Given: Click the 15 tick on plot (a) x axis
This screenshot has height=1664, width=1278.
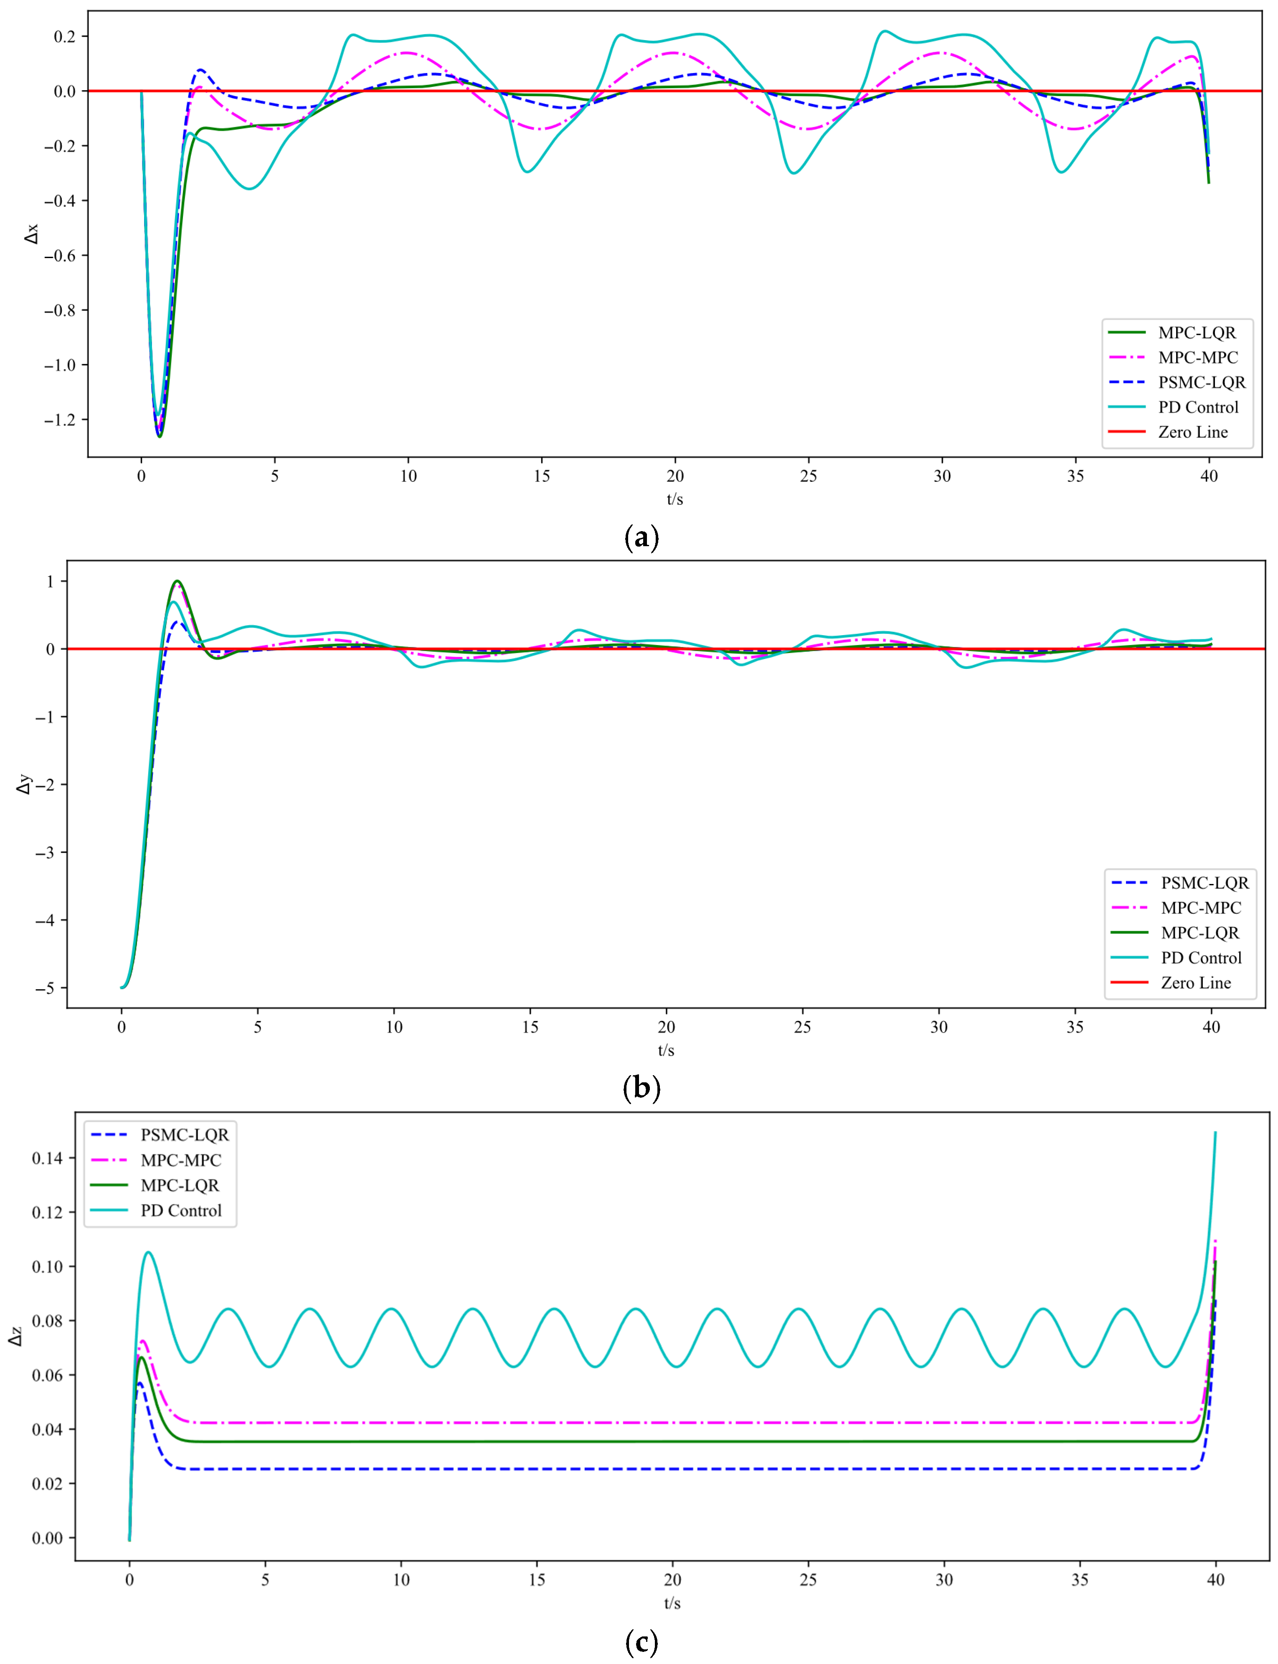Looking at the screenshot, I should click(x=542, y=476).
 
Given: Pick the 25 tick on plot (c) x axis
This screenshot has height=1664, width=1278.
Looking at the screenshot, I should click(x=808, y=1580).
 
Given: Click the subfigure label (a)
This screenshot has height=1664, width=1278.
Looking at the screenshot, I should click(x=641, y=538).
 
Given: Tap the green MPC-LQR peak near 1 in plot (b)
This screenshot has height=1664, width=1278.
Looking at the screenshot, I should click(x=177, y=581).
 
